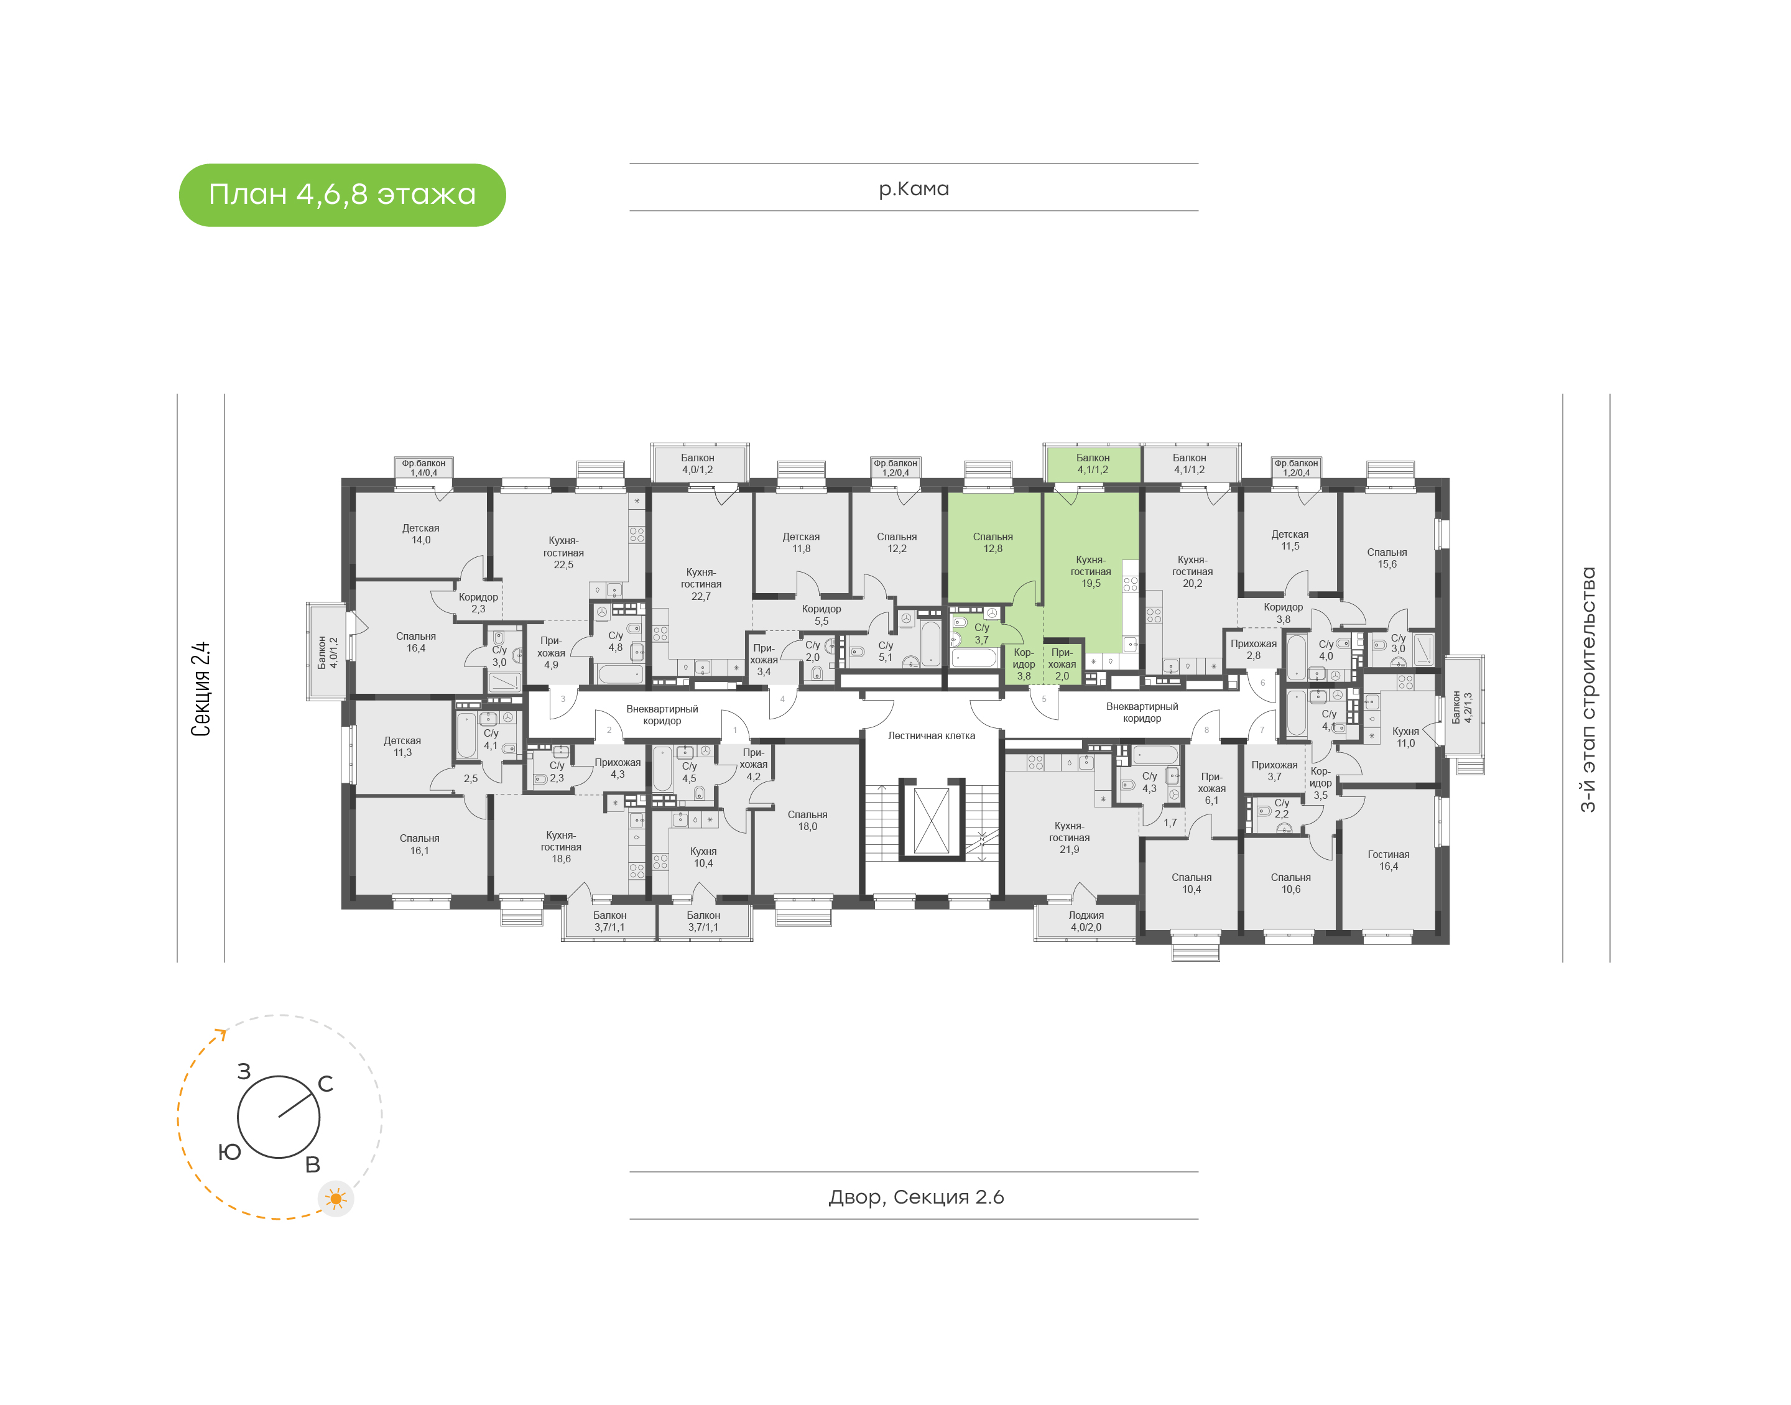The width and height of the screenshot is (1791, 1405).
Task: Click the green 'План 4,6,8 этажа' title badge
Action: click(x=341, y=195)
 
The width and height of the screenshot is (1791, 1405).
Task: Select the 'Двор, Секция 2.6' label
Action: click(x=915, y=1197)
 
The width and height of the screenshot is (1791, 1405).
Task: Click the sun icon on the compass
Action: click(x=336, y=1199)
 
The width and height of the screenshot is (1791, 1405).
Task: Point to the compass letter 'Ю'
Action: click(x=229, y=1151)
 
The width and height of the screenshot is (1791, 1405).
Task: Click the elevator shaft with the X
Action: click(x=932, y=820)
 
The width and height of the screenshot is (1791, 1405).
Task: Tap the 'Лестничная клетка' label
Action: click(x=932, y=735)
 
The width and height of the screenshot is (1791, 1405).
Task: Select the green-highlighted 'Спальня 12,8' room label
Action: click(x=993, y=543)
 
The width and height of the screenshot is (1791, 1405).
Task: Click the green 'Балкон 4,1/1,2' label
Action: click(x=1093, y=464)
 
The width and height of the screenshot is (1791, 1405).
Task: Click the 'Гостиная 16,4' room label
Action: click(x=1389, y=860)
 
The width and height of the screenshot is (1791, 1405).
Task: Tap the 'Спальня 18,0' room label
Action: click(x=807, y=821)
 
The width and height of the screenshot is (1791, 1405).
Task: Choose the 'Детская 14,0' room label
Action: click(x=420, y=534)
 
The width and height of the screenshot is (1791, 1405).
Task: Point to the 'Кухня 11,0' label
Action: click(x=1405, y=737)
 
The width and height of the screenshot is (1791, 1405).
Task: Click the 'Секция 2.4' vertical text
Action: click(x=201, y=689)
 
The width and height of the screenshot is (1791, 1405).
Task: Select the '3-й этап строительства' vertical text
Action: click(x=1588, y=689)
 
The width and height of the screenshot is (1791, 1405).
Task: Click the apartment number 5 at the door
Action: click(x=1044, y=699)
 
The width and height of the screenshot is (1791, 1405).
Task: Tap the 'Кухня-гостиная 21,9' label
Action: click(x=1070, y=837)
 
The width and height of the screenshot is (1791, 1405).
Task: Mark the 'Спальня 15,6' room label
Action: click(x=1387, y=558)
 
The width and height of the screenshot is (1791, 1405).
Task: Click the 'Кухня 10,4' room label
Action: click(x=703, y=857)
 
